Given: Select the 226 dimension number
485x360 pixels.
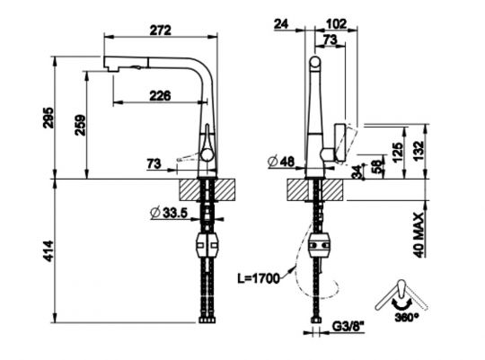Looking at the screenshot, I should point(162,94).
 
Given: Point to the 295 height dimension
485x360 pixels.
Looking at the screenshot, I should point(49,119).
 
